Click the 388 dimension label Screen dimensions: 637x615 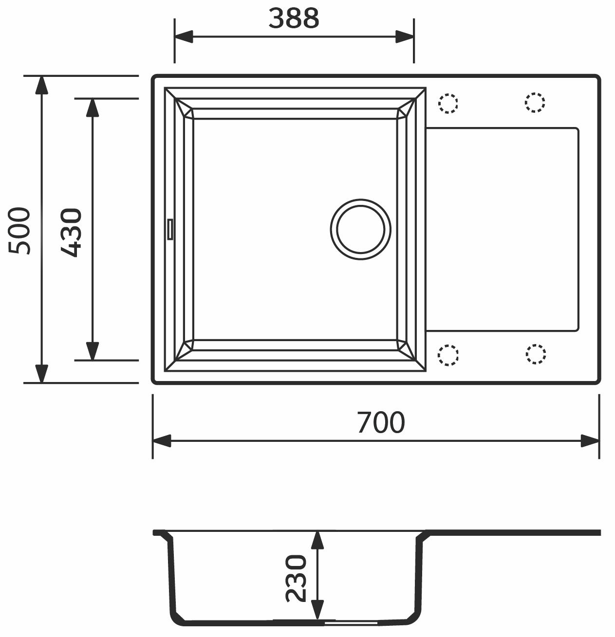pyautogui.click(x=294, y=18)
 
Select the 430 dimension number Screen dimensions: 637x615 pyautogui.click(x=71, y=232)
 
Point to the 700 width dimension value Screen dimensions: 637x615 pyautogui.click(x=380, y=422)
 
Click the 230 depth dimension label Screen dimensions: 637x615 pyautogui.click(x=297, y=578)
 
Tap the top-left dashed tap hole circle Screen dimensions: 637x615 pyautogui.click(x=448, y=103)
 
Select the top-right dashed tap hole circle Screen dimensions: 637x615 pyautogui.click(x=535, y=103)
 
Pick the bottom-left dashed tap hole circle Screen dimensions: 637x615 pyautogui.click(x=448, y=355)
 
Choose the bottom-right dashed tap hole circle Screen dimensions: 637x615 pyautogui.click(x=535, y=354)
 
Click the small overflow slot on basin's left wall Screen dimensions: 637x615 pyautogui.click(x=170, y=229)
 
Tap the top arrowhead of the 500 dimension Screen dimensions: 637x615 pyautogui.click(x=42, y=86)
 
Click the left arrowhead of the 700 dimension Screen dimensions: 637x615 pyautogui.click(x=162, y=441)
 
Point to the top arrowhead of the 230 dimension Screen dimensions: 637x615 pyautogui.click(x=317, y=541)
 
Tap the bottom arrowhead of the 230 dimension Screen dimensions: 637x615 pyautogui.click(x=317, y=610)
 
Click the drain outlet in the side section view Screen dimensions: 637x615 pyautogui.click(x=351, y=622)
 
